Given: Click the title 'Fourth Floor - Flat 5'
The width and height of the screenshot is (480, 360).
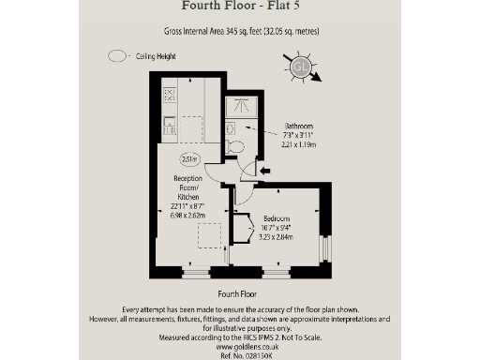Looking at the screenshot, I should [x=239, y=10].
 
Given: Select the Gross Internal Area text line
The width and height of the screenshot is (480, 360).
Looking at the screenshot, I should [x=239, y=31].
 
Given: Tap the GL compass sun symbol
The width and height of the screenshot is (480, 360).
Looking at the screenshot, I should [x=301, y=67].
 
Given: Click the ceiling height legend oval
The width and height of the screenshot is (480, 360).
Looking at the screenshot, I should [x=117, y=55].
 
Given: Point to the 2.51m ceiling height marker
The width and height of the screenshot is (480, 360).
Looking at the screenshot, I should [x=190, y=158].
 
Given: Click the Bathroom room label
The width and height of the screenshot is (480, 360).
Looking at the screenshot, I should [x=299, y=127].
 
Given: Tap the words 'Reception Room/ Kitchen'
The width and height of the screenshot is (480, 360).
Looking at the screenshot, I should [x=188, y=187].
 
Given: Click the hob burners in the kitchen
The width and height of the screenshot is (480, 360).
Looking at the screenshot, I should [x=171, y=95].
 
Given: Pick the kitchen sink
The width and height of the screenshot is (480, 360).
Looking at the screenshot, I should [x=171, y=124].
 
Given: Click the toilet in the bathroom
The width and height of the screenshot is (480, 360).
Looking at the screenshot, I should [x=233, y=146].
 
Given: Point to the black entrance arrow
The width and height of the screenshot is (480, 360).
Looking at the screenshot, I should [x=265, y=170].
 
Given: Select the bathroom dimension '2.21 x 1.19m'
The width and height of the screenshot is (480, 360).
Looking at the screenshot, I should [x=300, y=145].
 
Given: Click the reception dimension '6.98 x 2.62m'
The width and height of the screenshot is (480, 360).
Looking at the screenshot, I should [x=188, y=216].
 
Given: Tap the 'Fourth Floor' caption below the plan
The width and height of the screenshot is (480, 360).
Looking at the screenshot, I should [x=239, y=294].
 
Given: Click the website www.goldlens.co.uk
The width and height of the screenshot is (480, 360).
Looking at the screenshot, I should [x=239, y=346].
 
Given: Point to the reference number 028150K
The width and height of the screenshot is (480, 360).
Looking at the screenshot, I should [x=239, y=355].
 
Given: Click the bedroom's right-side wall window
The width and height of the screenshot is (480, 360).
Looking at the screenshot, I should [x=325, y=248].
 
